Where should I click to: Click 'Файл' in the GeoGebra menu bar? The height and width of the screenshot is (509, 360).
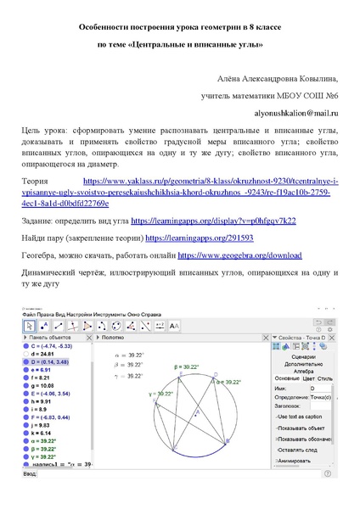(x=31, y=315)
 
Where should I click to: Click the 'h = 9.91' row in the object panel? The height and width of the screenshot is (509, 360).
(x=46, y=401)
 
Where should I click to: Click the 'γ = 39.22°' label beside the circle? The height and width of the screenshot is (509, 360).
(x=160, y=393)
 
